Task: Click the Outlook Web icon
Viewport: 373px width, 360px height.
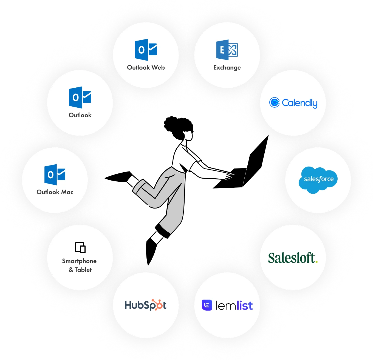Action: click(x=146, y=50)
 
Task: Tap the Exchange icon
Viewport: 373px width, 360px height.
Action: click(x=227, y=50)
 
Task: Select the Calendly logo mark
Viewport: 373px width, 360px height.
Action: click(x=274, y=102)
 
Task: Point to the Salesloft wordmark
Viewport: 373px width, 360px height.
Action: click(x=293, y=258)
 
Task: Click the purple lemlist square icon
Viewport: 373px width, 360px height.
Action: click(x=207, y=305)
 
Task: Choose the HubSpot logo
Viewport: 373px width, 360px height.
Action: click(x=145, y=305)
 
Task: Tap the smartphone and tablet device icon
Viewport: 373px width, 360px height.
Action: click(x=80, y=248)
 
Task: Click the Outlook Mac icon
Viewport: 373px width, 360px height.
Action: click(x=55, y=175)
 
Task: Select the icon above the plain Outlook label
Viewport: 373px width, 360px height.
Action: click(x=80, y=97)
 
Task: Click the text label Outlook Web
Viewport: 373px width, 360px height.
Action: click(x=146, y=67)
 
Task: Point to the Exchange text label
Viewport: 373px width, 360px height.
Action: click(x=227, y=68)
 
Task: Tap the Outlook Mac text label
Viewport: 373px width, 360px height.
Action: click(x=55, y=192)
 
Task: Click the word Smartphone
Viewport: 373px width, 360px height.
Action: click(x=79, y=261)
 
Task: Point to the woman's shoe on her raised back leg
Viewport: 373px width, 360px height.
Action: click(x=119, y=176)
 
